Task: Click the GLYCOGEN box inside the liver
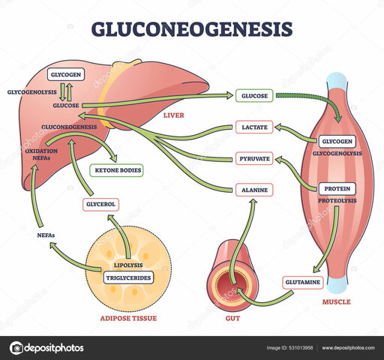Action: pos(66,76)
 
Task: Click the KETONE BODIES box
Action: pos(117,171)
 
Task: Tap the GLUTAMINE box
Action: pos(301,282)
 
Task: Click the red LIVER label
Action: pos(172,115)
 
